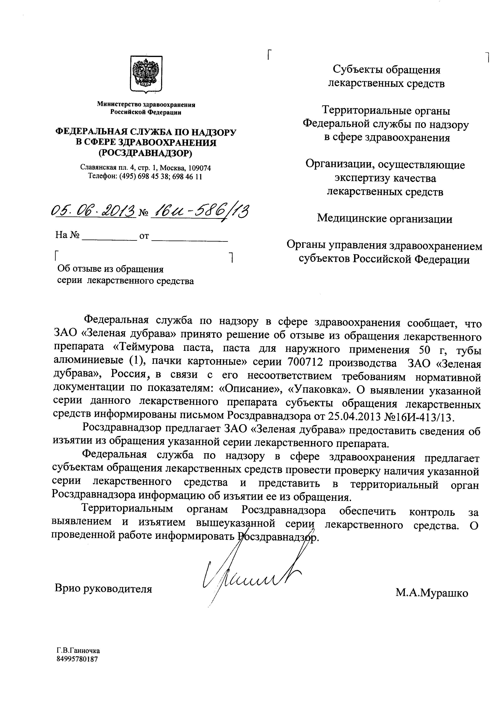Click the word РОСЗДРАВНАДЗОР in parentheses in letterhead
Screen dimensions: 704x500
click(145, 153)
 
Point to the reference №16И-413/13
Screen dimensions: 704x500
click(419, 417)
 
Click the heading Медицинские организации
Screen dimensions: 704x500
click(385, 219)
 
